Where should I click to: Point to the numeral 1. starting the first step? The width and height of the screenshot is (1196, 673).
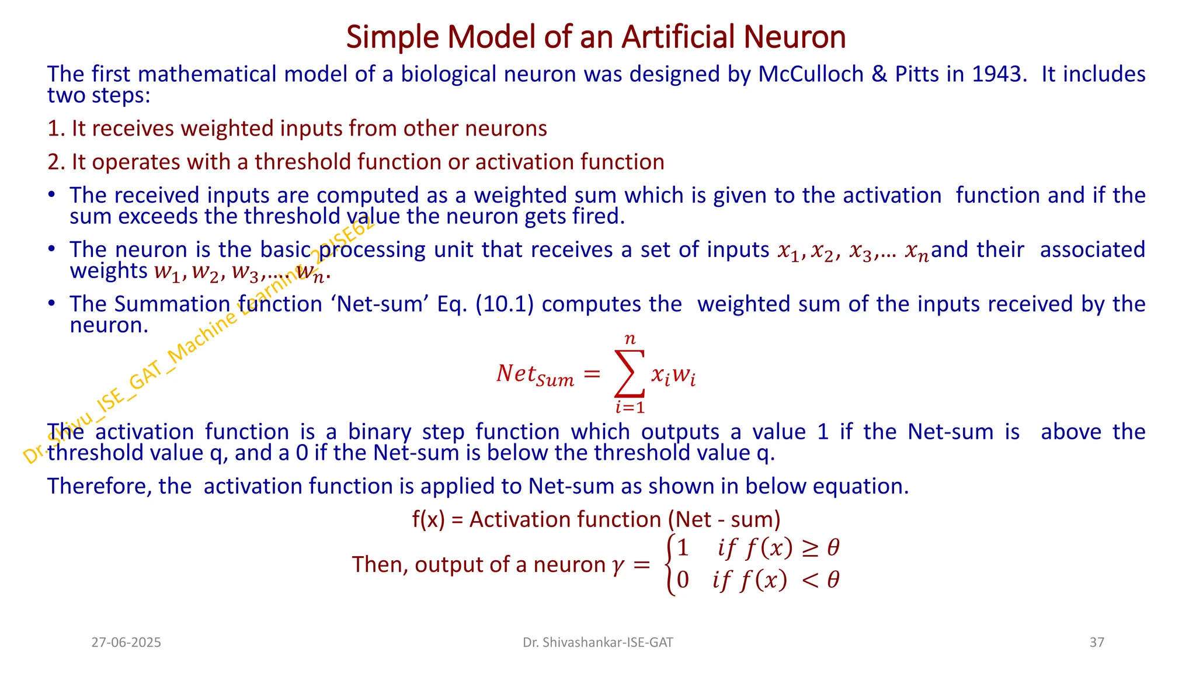pos(56,129)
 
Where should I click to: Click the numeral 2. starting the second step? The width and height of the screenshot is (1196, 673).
pos(56,162)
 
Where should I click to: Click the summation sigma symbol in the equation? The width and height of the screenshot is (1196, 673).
pos(630,373)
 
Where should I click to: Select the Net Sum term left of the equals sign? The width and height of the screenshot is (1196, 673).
pos(535,374)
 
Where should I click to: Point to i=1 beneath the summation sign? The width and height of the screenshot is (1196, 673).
pos(630,407)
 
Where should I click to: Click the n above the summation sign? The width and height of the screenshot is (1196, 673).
pos(630,339)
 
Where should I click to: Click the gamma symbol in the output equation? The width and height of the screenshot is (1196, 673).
pos(618,565)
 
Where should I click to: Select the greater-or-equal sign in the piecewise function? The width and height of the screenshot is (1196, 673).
pos(809,548)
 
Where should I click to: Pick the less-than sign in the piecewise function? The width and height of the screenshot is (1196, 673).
pos(809,580)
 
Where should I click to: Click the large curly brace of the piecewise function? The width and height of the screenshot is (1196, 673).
pos(670,564)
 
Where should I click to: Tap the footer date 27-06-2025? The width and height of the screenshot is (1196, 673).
pos(126,643)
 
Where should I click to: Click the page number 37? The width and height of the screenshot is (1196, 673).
pos(1097,643)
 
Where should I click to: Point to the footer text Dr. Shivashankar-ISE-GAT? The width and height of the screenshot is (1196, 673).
pos(597,643)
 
